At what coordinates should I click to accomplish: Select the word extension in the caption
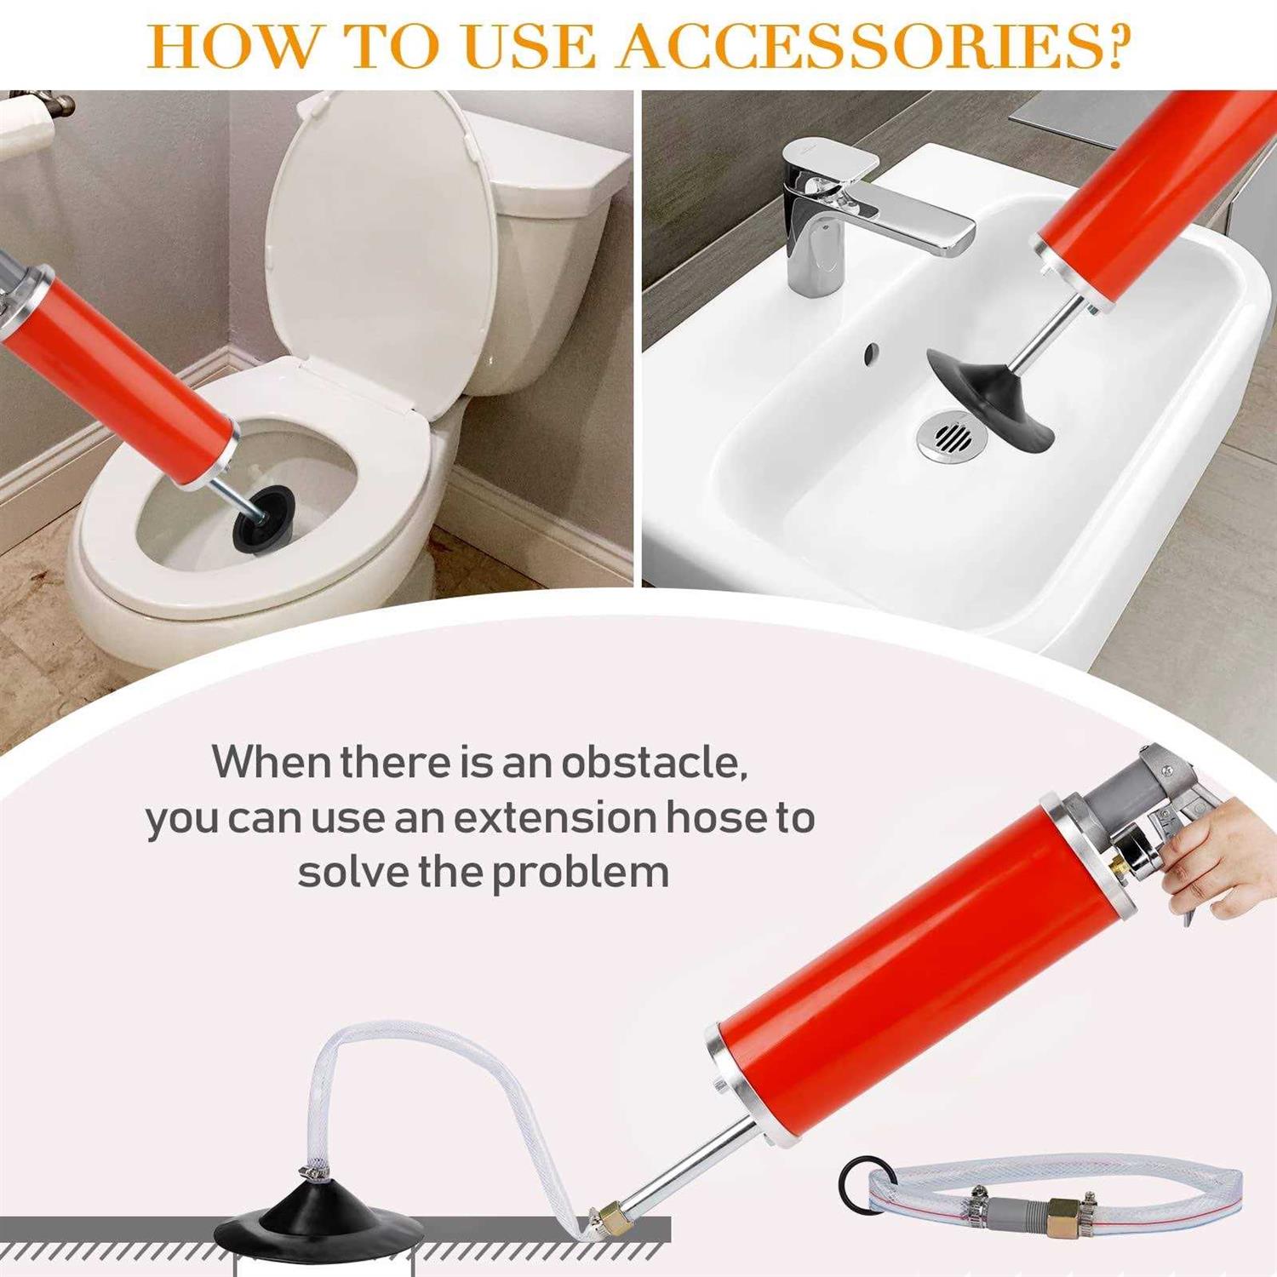[554, 817]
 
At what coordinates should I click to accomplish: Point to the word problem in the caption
[581, 873]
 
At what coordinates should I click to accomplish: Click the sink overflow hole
[870, 352]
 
